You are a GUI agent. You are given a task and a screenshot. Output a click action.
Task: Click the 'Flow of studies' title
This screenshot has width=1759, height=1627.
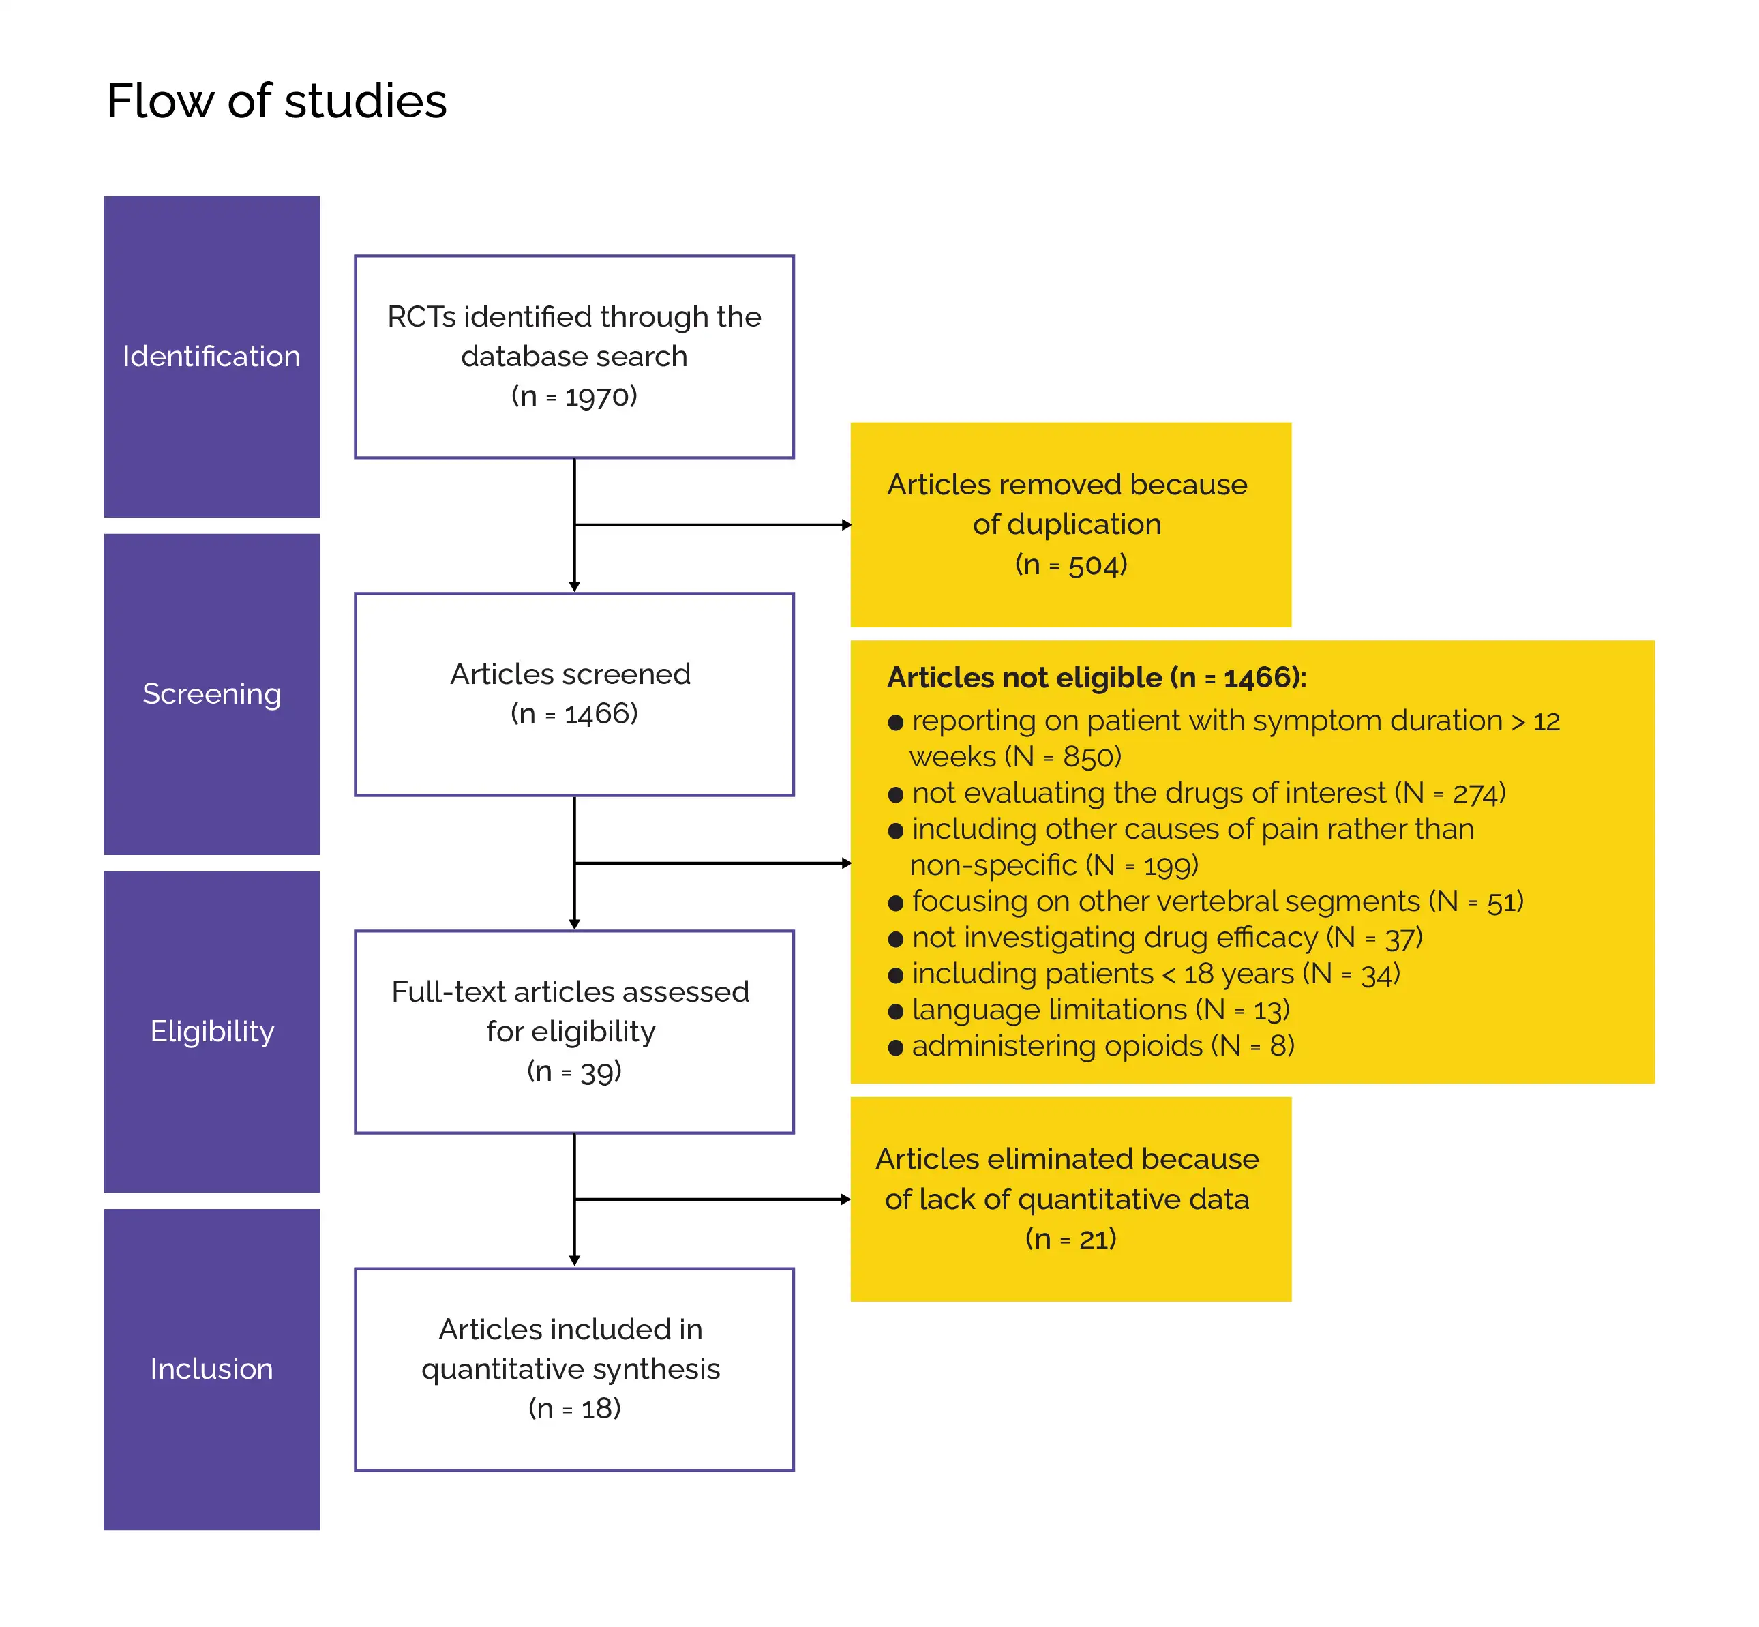coord(276,100)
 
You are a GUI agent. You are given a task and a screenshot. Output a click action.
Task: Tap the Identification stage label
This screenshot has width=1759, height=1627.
coord(211,357)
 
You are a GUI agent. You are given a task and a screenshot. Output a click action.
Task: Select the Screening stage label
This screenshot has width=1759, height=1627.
coord(211,693)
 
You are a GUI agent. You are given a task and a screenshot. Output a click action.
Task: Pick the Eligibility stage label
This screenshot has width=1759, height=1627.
coord(211,1031)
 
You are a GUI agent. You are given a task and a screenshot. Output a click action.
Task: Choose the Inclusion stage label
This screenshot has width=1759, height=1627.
coord(211,1369)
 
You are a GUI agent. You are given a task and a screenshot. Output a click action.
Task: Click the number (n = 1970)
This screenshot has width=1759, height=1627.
coord(574,396)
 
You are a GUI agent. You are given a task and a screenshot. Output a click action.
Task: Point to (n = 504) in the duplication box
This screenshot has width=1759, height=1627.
coord(1070,565)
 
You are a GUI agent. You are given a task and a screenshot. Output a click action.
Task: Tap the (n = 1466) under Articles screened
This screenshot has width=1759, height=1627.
coord(574,713)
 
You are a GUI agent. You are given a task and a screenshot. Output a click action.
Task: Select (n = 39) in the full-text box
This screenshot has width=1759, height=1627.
coord(574,1071)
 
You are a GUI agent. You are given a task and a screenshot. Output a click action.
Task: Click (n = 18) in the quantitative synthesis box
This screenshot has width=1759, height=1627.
coord(574,1409)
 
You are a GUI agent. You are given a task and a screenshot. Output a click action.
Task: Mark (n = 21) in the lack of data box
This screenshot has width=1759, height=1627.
coord(1070,1239)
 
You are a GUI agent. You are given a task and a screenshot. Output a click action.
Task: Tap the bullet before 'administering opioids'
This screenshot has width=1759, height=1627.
coord(895,1047)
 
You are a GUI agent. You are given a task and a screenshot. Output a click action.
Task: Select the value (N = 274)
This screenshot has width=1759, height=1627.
coord(1450,793)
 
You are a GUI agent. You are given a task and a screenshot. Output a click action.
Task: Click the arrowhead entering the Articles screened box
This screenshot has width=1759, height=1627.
coord(574,586)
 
